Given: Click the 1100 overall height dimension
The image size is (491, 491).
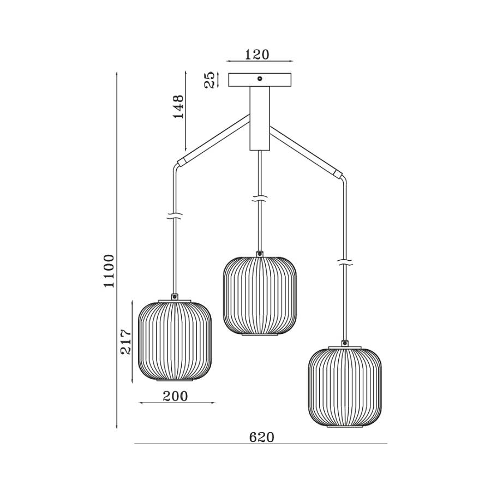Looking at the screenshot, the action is tap(109, 271).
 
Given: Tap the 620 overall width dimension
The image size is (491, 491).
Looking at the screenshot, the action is tap(262, 437).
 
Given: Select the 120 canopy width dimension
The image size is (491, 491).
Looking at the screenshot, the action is tap(257, 55).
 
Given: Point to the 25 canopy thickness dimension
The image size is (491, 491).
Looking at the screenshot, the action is tap(210, 80).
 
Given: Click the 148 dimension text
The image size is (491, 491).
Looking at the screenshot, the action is tap(178, 106).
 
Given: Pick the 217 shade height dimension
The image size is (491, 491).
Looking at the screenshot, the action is tap(126, 342).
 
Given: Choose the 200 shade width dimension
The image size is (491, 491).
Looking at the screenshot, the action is tap(175, 396).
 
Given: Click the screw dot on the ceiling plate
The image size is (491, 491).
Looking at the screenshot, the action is tap(260, 79).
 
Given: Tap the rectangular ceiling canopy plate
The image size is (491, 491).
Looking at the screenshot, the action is tap(260, 80).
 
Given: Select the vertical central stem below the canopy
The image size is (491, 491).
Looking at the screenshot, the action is tap(260, 118).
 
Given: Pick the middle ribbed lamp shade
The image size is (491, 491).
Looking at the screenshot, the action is tap(260, 296).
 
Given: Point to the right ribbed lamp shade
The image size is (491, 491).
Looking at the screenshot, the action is tap(345, 387).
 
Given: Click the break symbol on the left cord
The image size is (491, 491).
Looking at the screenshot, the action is tap(175, 215).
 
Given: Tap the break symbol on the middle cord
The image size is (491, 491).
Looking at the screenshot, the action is tap(260, 198).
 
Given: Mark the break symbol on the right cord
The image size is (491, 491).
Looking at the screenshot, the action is tap(345, 262).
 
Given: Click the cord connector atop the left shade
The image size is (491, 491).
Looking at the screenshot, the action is tap(175, 296).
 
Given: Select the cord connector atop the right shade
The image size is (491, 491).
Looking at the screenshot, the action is tap(345, 343).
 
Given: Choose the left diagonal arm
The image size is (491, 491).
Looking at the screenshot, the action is tap(213, 140).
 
